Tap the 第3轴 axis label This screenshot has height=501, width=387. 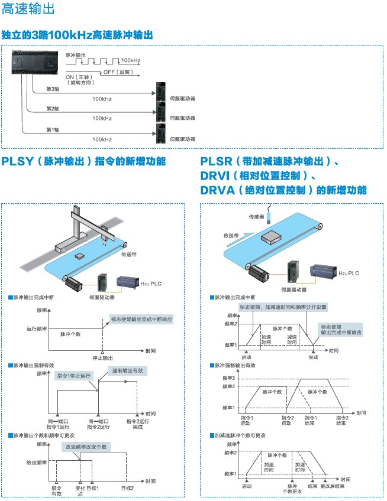pyautogui.click(x=53, y=89)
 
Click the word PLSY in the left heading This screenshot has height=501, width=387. pyautogui.click(x=17, y=161)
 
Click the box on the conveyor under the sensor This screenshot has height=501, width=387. pyautogui.click(x=271, y=236)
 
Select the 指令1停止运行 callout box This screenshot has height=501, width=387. pyautogui.click(x=74, y=375)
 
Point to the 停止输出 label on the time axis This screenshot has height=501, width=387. pyautogui.click(x=103, y=358)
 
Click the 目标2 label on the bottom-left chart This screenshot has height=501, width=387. pyautogui.click(x=127, y=488)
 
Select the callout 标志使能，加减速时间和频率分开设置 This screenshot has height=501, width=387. pyautogui.click(x=282, y=307)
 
